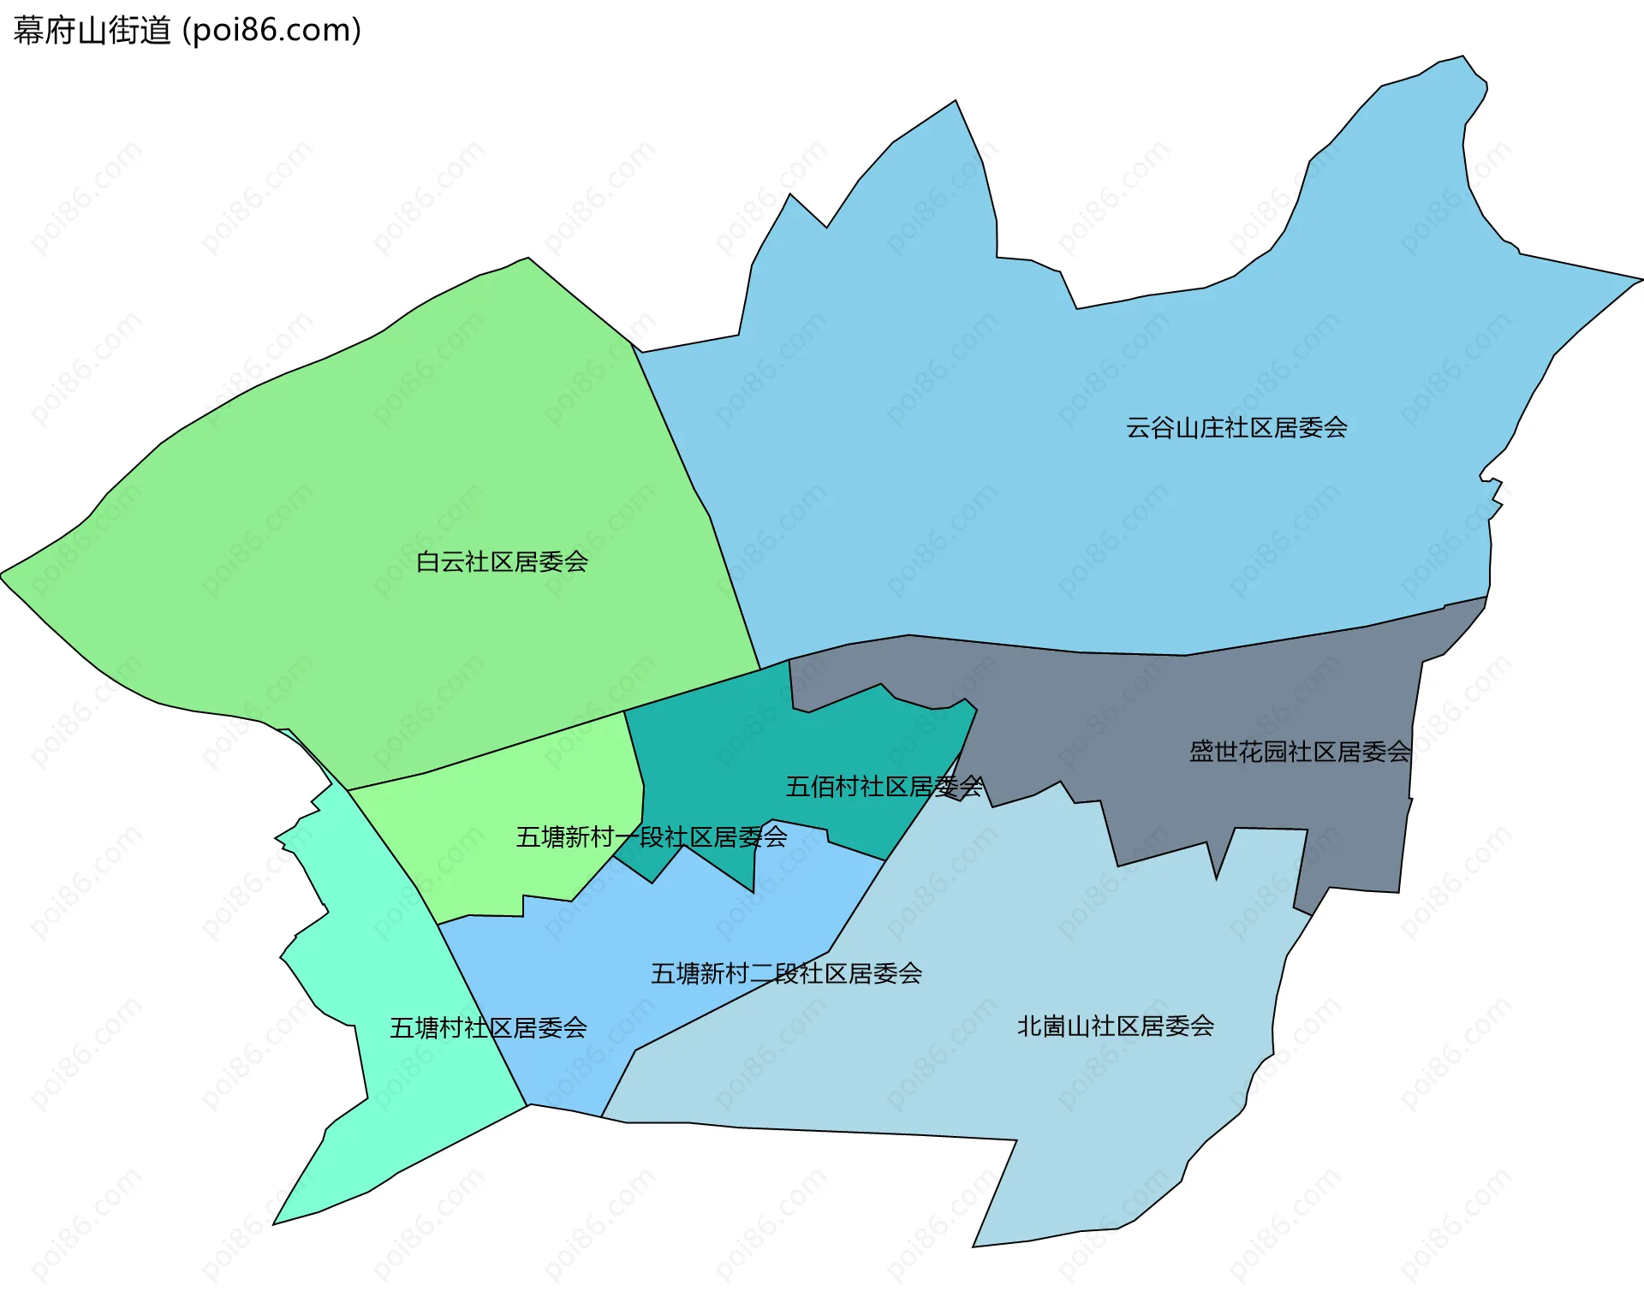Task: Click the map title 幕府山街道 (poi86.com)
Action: coord(187,31)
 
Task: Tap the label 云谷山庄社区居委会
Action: coord(1236,428)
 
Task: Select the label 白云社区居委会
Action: coord(502,562)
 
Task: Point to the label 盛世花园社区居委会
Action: coord(1299,753)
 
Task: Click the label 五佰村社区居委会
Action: coord(884,787)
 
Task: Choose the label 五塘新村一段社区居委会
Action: coord(651,837)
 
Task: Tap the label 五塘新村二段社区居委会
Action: coord(786,973)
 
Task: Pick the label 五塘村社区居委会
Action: coord(488,1028)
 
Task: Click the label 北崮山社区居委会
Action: coord(1115,1026)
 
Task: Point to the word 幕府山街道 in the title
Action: coord(92,31)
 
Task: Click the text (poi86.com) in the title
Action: coord(271,31)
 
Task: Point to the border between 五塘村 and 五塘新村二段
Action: coord(482,1014)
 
